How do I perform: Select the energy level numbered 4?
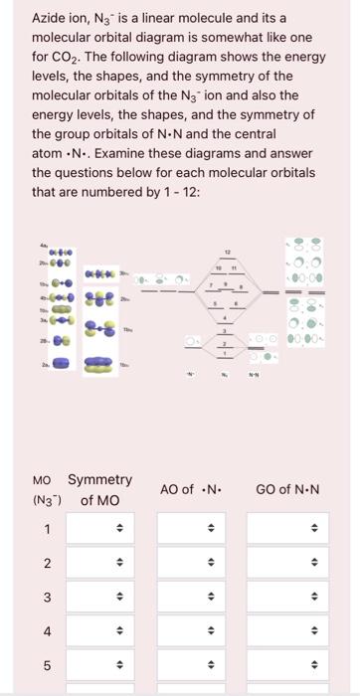tap(225, 323)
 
